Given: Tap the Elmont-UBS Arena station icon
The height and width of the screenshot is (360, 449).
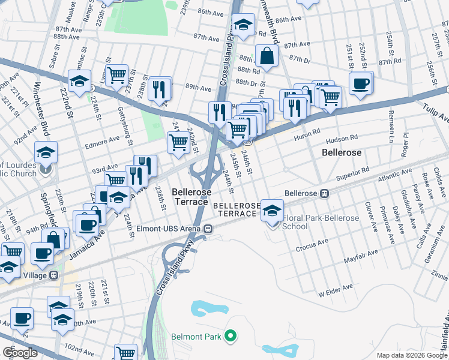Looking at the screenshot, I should [208, 229].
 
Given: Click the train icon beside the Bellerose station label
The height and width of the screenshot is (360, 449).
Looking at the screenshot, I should [324, 193].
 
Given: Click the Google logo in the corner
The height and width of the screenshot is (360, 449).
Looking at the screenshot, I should [20, 352].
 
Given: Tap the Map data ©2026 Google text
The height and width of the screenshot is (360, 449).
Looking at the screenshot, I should [412, 355].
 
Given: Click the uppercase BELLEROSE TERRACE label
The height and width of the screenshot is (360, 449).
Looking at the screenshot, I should [237, 209].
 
